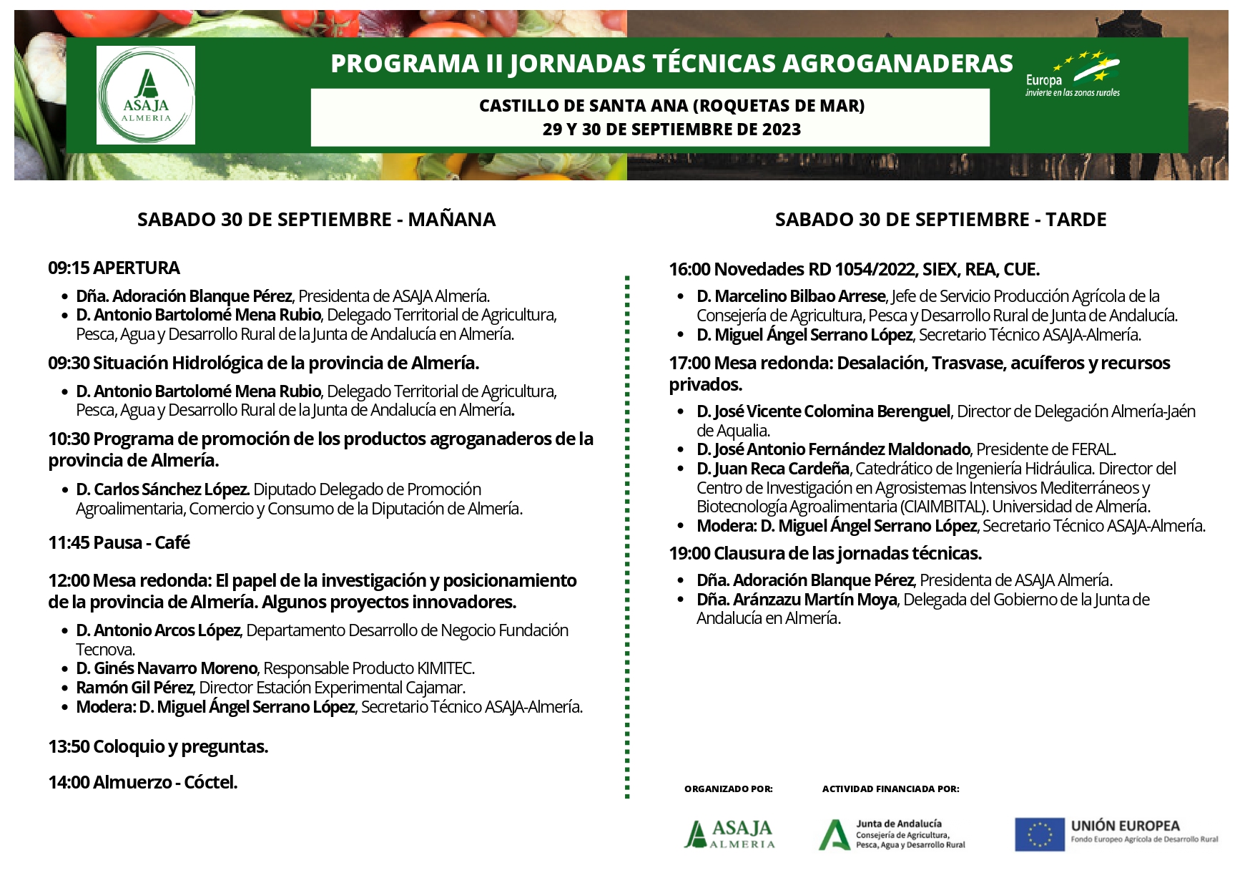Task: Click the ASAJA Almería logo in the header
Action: pos(146,95)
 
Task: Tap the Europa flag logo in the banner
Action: pos(1073,74)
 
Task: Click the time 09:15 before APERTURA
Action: pos(69,268)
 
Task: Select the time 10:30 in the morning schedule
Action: pos(69,439)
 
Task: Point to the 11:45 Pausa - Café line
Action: pos(119,543)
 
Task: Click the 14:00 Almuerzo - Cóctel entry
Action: pos(142,783)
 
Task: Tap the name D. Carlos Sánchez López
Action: pos(163,490)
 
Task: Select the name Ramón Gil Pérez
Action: pos(134,688)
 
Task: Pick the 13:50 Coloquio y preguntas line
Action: pos(158,747)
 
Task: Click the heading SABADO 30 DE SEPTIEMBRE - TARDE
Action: pos(940,220)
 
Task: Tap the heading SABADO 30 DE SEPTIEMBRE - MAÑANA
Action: pos(316,220)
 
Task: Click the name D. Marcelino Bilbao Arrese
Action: pos(791,297)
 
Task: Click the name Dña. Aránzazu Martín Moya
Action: pos(797,600)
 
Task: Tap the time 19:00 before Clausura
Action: pos(689,554)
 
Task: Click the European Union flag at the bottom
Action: pos(1040,834)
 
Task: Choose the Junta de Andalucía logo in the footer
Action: pos(891,834)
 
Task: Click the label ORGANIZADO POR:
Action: pos(728,789)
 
